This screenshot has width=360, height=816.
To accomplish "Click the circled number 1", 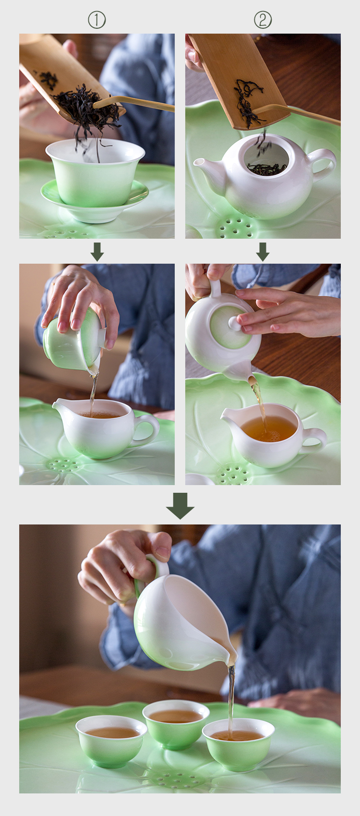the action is (x=97, y=20).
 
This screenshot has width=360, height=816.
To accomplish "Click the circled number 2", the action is (x=263, y=20).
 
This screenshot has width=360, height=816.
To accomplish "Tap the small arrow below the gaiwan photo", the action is (x=97, y=252).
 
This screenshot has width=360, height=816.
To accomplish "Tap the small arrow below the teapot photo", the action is (x=263, y=252).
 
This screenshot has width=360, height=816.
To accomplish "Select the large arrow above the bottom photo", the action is (x=180, y=506).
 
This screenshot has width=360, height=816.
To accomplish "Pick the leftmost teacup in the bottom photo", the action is (x=111, y=740).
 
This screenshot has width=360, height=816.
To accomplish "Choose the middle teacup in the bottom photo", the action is (x=176, y=723).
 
